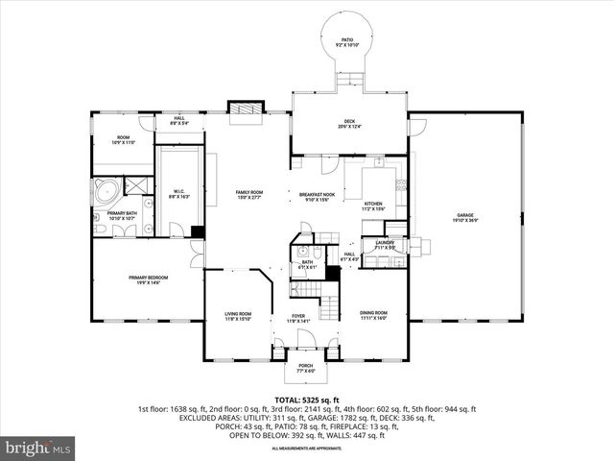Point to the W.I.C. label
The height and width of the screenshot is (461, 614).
point(178,193)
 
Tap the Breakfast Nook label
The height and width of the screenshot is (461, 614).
point(316,197)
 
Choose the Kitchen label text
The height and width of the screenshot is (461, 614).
point(373,205)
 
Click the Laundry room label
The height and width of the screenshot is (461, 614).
point(385,245)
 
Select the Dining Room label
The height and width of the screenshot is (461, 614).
point(373,314)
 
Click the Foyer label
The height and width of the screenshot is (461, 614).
point(298,318)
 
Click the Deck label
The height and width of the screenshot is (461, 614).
point(348,125)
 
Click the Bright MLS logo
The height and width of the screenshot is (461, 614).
point(38,448)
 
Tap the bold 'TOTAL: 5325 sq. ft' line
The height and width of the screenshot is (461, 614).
point(306,399)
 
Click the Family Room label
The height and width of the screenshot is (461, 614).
point(249,194)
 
